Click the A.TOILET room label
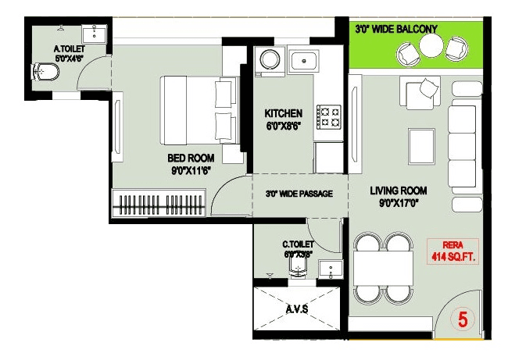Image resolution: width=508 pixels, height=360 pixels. click(69, 48)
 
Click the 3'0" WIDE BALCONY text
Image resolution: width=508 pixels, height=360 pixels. click(396, 29)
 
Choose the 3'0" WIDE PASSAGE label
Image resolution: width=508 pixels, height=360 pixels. click(299, 193)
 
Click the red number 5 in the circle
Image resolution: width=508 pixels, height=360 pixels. click(463, 319)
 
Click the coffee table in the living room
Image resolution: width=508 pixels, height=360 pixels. click(423, 144)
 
